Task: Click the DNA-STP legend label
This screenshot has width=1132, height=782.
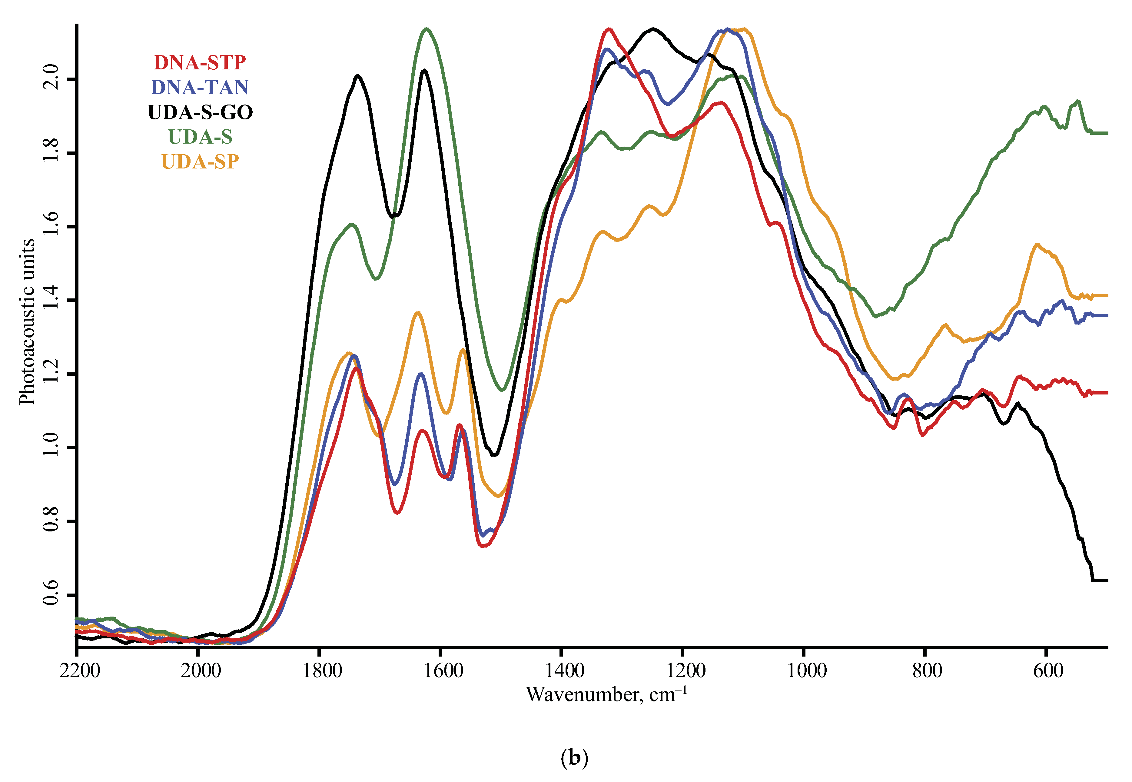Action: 200,63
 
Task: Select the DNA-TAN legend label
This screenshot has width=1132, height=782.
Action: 200,87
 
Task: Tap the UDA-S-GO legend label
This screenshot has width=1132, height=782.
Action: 200,112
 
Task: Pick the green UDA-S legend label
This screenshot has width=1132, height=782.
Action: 200,137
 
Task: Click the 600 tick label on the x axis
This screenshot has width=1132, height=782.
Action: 1048,670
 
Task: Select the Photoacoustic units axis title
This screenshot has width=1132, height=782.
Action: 27,322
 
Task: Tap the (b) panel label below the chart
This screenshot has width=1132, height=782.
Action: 574,758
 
